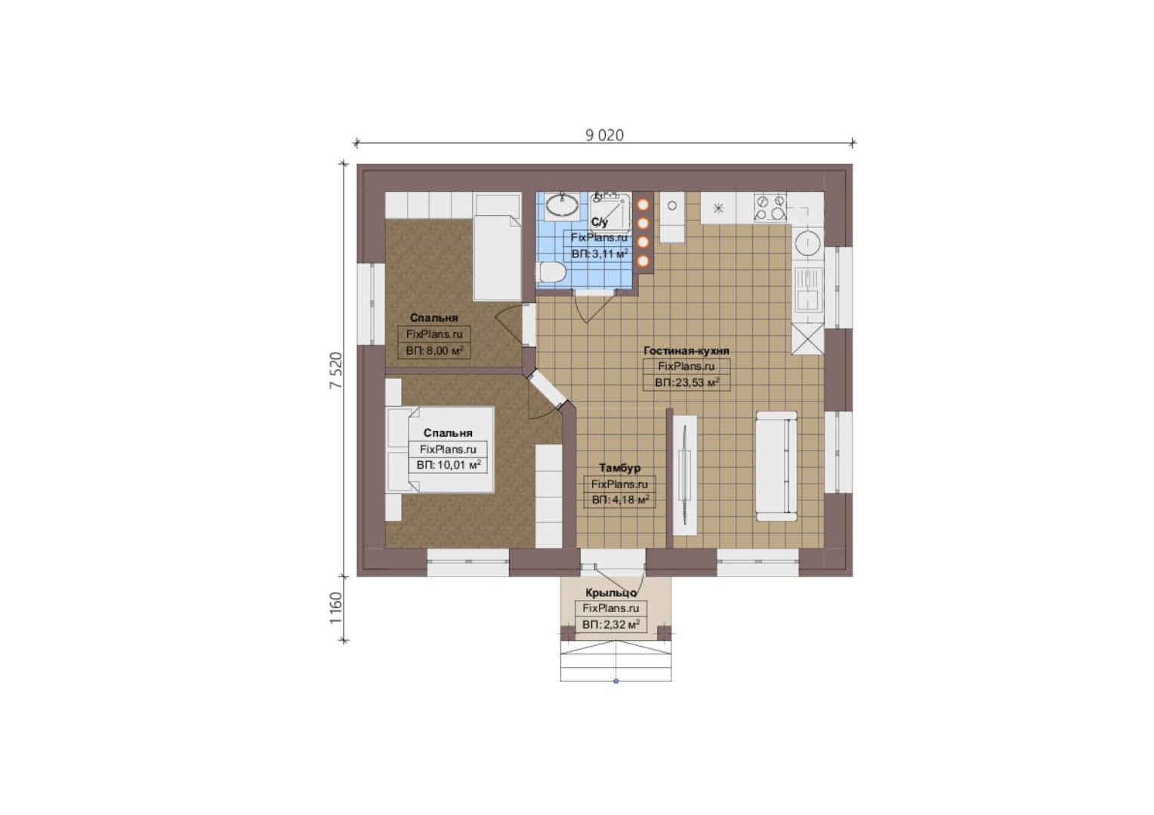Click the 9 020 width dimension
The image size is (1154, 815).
click(x=604, y=135)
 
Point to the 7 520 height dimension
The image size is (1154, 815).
click(x=336, y=371)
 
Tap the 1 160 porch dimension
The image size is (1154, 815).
click(x=336, y=607)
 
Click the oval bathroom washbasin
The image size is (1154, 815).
click(x=562, y=206)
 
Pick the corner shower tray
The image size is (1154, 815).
click(x=610, y=213)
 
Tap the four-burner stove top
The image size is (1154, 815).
click(x=770, y=207)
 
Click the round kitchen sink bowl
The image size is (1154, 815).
click(x=807, y=244)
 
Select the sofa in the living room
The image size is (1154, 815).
click(x=776, y=466)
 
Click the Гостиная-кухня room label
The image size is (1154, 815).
click(x=687, y=351)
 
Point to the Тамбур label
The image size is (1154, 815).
click(x=620, y=467)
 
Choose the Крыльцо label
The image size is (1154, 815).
click(x=611, y=592)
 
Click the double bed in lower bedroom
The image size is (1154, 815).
click(x=440, y=450)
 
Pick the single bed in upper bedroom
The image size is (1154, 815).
click(x=498, y=246)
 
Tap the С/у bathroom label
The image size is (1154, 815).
click(x=599, y=223)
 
